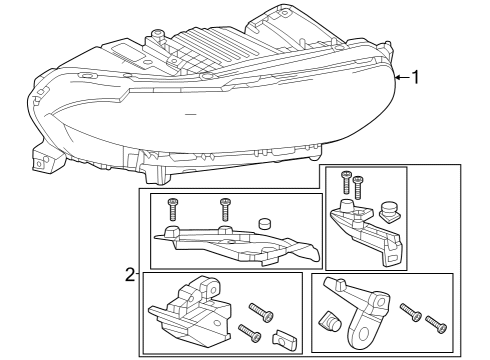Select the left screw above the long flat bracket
[174, 210]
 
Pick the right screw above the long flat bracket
[225, 210]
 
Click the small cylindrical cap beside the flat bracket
[266, 224]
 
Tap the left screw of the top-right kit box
[346, 182]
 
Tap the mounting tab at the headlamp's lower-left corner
[43, 158]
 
